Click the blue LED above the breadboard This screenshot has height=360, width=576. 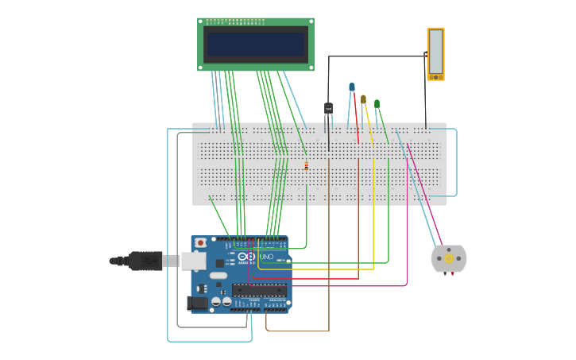coord(352,87)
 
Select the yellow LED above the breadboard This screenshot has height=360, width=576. coord(363,99)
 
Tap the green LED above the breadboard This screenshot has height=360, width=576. coord(377,103)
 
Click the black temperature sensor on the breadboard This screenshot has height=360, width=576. coord(328,108)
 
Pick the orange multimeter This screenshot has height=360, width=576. coord(435,54)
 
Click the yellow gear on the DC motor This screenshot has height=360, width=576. coord(449,258)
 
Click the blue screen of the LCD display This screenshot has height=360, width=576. coord(255,44)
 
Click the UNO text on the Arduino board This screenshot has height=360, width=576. coord(266,257)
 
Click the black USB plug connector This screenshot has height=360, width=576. coord(144,260)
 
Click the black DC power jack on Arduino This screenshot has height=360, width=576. coord(198,302)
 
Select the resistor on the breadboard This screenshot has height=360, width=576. coord(306,165)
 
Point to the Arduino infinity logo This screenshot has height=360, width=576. coord(249,257)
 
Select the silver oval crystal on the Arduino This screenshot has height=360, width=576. coord(218,275)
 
